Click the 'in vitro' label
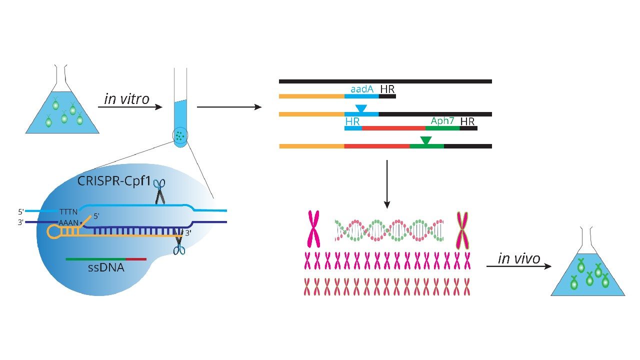[x=126, y=99]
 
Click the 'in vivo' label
[x=519, y=258]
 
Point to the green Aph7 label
[x=442, y=121]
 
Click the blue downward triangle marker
[x=360, y=108]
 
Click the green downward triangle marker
[x=425, y=140]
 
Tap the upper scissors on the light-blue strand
[x=160, y=192]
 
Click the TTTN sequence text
[x=69, y=211]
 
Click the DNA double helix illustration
[x=389, y=230]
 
